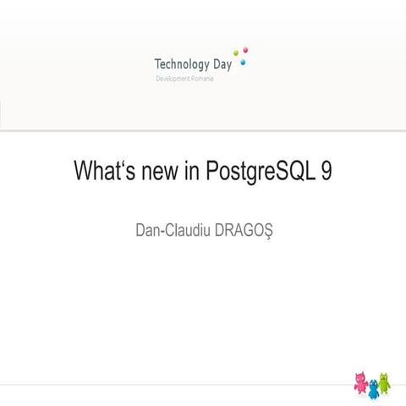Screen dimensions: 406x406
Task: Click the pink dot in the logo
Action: pyautogui.click(x=246, y=49)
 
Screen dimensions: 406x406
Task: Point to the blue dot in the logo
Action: pyautogui.click(x=244, y=62)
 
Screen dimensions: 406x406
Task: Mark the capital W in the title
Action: pyautogui.click(x=84, y=172)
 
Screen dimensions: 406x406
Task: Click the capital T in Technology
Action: pyautogui.click(x=158, y=63)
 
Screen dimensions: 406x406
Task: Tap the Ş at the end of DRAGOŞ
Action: pyautogui.click(x=266, y=230)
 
